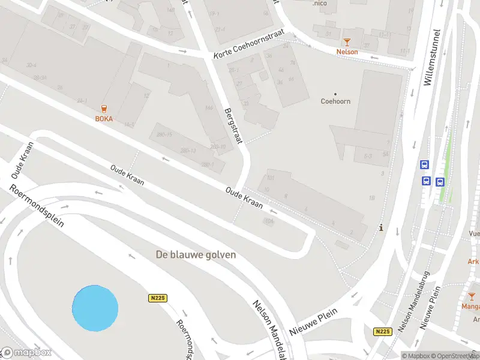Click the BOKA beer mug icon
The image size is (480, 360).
coord(105,109)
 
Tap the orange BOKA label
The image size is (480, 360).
coord(104,119)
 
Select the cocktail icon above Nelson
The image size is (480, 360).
coord(347,41)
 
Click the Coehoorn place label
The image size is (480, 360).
coord(335,101)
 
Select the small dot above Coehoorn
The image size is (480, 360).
coord(335,93)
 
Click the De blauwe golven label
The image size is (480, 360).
coord(196,254)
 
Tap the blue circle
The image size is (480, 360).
coord(95,308)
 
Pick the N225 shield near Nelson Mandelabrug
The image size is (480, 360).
coord(382,331)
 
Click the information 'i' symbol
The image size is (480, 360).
coord(382,228)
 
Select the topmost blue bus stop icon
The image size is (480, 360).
coord(425,165)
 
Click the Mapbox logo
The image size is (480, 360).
coord(26,353)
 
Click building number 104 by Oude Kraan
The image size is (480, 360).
coord(269,221)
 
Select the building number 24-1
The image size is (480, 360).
coord(82,100)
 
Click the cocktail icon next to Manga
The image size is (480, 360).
coord(472,296)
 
